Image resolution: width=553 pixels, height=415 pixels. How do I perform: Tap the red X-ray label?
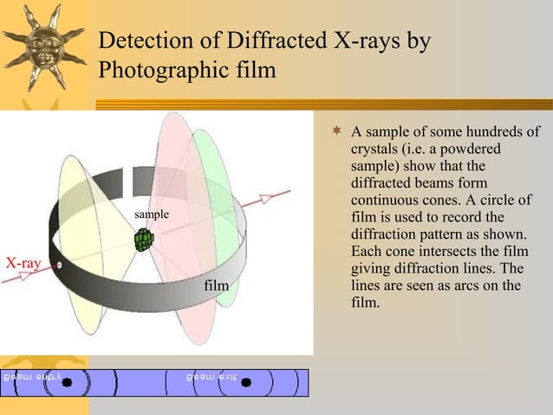(x=24, y=263)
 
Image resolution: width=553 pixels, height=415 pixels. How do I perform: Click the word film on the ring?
(x=216, y=285)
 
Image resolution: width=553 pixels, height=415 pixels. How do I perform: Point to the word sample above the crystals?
(x=152, y=214)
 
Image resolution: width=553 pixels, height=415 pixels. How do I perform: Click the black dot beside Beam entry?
(x=66, y=385)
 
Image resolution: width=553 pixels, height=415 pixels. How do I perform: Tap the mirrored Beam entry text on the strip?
(x=31, y=378)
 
